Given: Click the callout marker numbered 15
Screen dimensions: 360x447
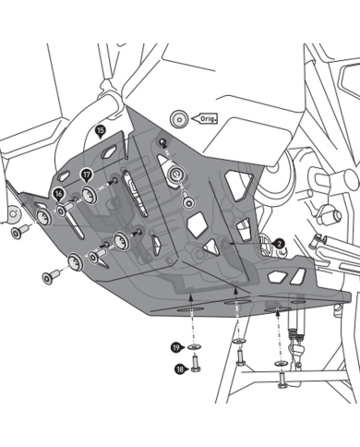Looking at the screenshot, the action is click(101, 130).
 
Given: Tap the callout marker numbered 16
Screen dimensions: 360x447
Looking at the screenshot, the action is click(58, 194).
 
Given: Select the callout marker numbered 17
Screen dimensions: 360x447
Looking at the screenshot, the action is click(87, 175).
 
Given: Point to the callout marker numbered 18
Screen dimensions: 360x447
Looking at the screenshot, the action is click(179, 368).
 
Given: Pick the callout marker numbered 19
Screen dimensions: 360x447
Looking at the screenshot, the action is click(176, 348).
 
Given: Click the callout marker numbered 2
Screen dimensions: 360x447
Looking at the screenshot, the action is click(279, 244).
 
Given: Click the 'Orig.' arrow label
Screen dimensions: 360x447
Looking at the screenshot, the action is click(204, 118).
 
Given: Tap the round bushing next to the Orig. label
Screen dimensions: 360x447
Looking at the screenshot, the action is click(179, 118).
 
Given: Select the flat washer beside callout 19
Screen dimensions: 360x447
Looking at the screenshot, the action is click(195, 347).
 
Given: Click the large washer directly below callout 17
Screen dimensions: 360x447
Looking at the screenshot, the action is click(90, 195).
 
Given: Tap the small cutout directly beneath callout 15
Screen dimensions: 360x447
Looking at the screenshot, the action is click(109, 152).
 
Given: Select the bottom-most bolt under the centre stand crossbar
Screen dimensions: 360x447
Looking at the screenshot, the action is click(282, 380).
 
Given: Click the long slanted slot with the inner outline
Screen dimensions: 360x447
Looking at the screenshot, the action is click(135, 193).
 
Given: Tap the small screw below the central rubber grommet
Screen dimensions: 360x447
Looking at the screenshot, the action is click(188, 201).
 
